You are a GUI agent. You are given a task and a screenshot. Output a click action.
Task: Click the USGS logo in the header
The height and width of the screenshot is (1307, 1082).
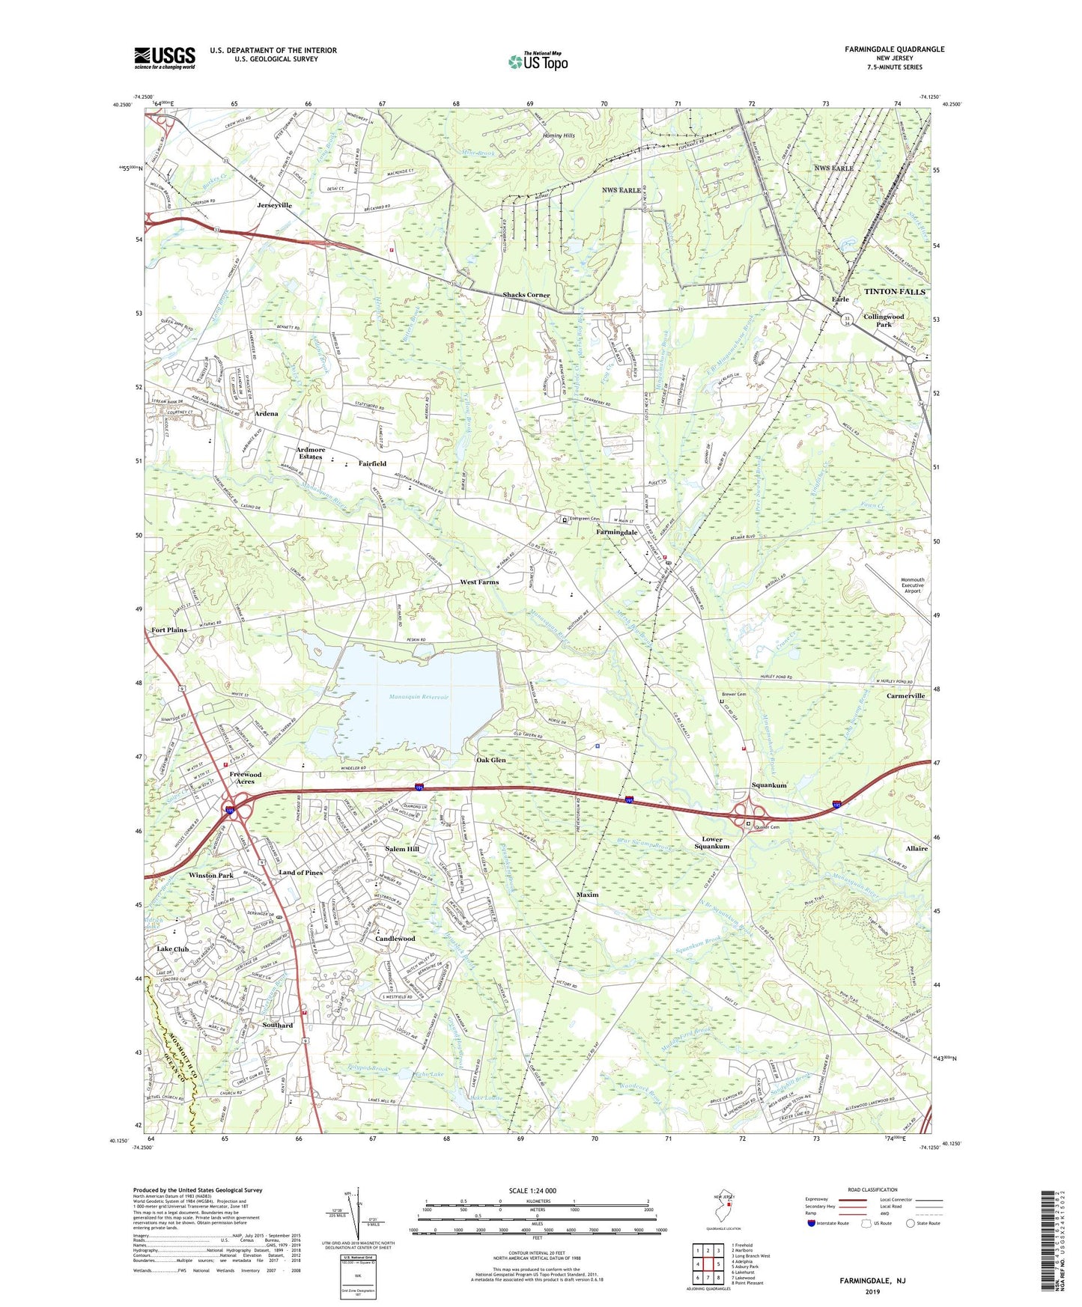point(165,58)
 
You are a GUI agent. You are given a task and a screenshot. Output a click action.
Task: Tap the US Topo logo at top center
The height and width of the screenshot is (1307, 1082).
point(537,61)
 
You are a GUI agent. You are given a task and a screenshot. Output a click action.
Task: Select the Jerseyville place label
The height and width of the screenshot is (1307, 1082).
point(274,205)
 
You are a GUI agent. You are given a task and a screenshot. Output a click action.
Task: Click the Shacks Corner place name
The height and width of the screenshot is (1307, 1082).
point(526,295)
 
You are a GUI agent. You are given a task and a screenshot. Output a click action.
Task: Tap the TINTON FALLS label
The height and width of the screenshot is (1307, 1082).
point(895,291)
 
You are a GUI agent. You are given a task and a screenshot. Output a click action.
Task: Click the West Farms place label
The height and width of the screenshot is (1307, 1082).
point(479,582)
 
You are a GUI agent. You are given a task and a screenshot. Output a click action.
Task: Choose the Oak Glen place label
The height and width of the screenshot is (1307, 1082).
point(491,760)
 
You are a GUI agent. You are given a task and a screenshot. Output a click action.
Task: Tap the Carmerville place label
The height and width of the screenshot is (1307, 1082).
point(905,695)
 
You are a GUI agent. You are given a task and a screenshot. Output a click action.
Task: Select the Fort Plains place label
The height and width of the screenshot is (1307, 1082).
point(169,630)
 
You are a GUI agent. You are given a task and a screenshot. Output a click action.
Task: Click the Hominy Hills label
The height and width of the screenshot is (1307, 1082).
point(559,135)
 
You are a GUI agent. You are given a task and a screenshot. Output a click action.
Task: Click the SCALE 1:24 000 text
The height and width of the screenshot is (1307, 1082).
point(532,1190)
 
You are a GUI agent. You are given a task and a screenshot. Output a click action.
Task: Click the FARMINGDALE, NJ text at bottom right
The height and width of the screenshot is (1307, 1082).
point(872,1281)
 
